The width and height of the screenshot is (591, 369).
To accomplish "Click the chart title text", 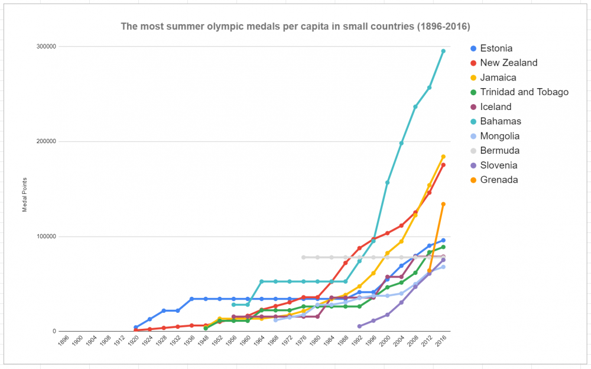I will coord(295,27).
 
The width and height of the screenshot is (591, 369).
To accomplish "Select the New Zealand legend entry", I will coord(509,63).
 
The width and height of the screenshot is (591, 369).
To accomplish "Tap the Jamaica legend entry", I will coord(498,77).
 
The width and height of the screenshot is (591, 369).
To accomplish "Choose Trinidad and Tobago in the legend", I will coord(524,92).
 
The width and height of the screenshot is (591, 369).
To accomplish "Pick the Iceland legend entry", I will coord(496,107).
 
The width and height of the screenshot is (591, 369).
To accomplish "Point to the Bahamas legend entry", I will coord(501,121).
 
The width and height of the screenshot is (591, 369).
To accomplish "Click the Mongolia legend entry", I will coord(499,136).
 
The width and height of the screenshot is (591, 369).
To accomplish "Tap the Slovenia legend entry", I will coord(499,166).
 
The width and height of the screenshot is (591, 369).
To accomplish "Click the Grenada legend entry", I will coord(499,180).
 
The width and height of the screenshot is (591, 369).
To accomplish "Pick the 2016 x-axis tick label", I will coord(441,342).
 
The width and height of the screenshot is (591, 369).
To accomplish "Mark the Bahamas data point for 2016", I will coord(443,51).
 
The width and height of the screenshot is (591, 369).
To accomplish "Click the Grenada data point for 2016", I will coord(443,204).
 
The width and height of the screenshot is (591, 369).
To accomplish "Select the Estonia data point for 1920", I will coord(136,327).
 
